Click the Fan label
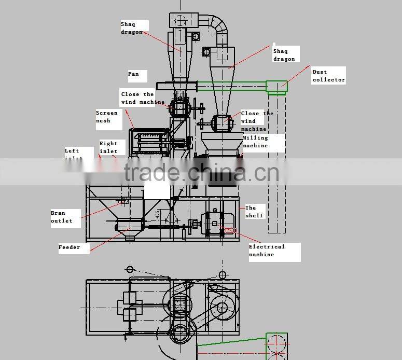[x=134, y=74]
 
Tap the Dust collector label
[x=328, y=76]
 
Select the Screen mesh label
[x=106, y=117]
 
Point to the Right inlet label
[x=108, y=147]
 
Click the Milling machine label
[x=255, y=142]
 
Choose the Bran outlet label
[x=62, y=217]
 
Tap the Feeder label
[x=70, y=247]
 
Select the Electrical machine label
[x=267, y=251]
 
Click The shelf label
[x=254, y=212]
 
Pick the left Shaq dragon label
[x=132, y=28]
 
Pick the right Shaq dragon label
[x=284, y=55]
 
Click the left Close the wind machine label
[x=142, y=98]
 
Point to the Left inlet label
[x=73, y=154]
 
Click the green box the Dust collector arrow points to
[x=276, y=87]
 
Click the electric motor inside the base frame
[x=215, y=223]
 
